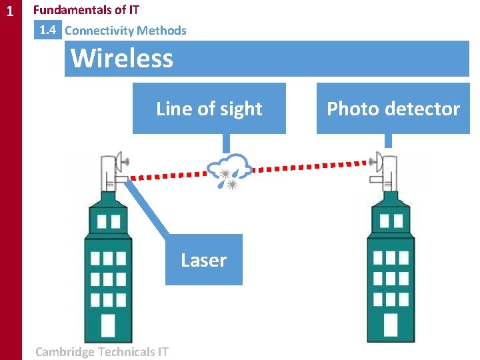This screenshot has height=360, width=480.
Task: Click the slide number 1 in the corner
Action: tap(9, 11)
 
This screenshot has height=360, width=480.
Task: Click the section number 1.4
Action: tap(48, 30)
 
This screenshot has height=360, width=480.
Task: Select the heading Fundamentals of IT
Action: tap(86, 10)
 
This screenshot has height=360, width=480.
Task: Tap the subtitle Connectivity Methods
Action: tap(125, 31)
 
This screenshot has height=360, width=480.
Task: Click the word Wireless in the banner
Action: tap(122, 58)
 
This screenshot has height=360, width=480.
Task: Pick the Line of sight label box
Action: tap(209, 109)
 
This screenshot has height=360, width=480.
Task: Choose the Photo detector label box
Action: tap(393, 109)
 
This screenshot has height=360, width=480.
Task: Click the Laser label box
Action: tap(203, 260)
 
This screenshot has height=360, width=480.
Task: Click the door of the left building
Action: tap(107, 325)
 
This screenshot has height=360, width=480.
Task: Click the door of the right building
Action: tap(391, 325)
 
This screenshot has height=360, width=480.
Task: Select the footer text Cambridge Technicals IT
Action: tap(101, 351)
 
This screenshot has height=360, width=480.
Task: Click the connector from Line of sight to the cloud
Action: tap(227, 143)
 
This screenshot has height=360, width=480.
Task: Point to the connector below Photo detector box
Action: tap(389, 141)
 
